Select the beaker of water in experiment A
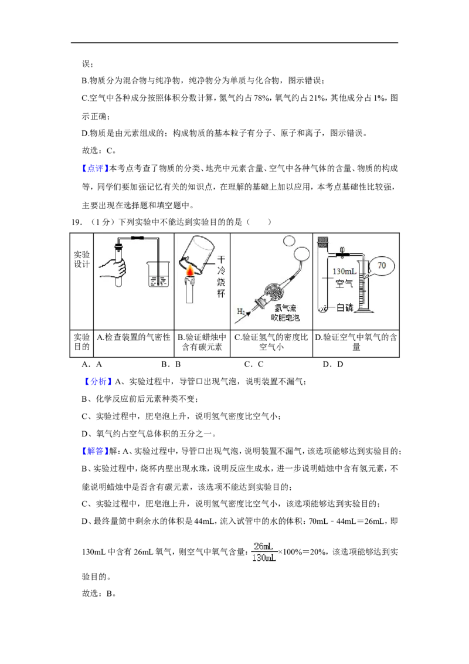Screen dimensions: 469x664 tap(159, 274)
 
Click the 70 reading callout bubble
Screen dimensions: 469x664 tap(382, 266)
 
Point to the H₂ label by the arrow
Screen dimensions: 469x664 tap(240, 311)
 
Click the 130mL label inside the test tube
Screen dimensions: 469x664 tap(344, 271)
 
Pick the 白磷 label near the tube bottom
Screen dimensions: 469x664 tap(345, 308)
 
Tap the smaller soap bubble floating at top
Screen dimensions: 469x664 tap(289, 241)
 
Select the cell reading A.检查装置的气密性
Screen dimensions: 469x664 tap(134, 337)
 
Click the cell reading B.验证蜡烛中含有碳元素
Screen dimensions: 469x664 tap(202, 342)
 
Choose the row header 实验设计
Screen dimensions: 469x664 tap(81, 259)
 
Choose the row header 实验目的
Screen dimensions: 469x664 tap(81, 342)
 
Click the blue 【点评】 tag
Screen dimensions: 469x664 tap(95, 168)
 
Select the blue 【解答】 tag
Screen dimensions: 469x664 tap(95, 451)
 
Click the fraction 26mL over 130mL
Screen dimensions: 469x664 tap(264, 552)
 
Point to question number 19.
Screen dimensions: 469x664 tap(77, 222)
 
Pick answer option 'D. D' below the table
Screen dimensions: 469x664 tap(333, 364)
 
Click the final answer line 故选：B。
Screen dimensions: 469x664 tap(99, 594)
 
